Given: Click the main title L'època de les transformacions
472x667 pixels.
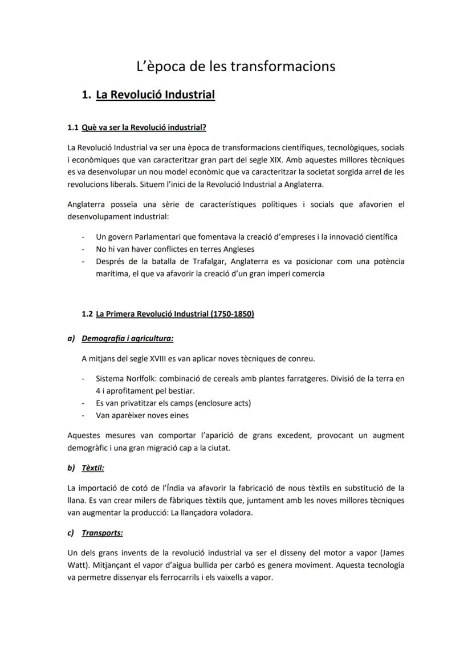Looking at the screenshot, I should pyautogui.click(x=235, y=66).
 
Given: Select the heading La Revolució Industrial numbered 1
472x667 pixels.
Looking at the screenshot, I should pyautogui.click(x=155, y=95).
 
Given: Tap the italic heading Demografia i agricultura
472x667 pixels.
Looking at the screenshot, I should pyautogui.click(x=127, y=338).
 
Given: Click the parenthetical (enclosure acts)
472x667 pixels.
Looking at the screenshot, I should pyautogui.click(x=219, y=403).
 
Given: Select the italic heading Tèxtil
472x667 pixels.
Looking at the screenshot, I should pyautogui.click(x=93, y=468).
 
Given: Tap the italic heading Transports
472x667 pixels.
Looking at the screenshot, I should pyautogui.click(x=102, y=533).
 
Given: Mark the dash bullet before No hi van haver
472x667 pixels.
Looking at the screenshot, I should pyautogui.click(x=84, y=249).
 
